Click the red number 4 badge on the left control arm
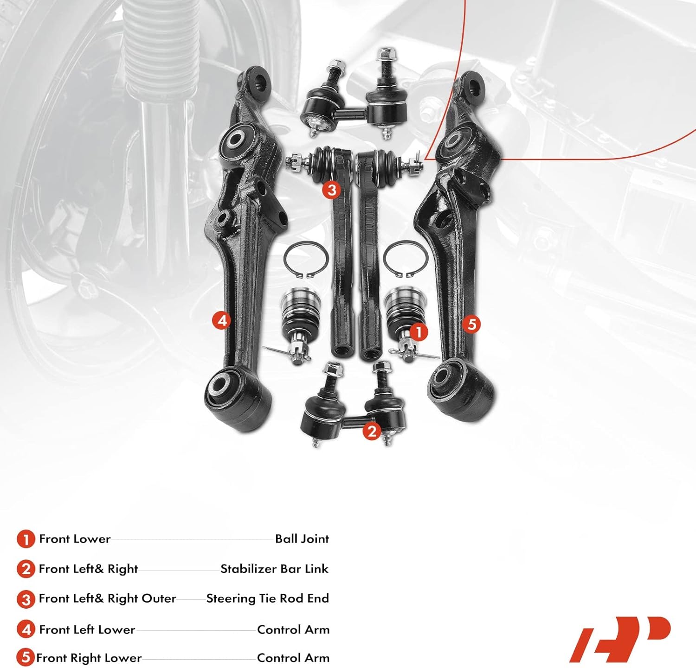tap(222, 320)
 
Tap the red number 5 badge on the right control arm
tap(472, 324)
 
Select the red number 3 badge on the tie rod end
tap(332, 190)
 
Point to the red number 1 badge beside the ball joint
tap(419, 332)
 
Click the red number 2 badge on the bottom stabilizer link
tap(371, 431)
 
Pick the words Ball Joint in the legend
tap(302, 539)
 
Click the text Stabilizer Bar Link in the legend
tap(274, 569)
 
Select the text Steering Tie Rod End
tap(267, 598)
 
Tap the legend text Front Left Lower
tap(87, 630)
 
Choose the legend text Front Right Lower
tap(89, 658)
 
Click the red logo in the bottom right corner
tap(620, 639)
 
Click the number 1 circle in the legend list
tap(26, 540)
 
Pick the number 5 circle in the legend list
tap(26, 658)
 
